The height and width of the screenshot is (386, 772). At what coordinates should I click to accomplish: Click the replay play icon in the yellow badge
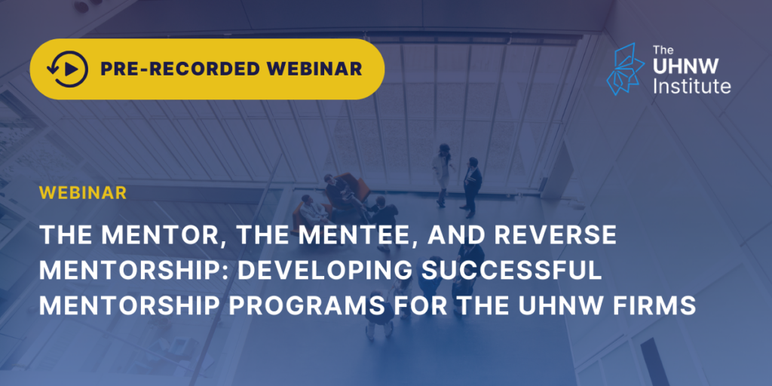(67, 69)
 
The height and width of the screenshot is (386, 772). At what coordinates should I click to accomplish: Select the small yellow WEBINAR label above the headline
(83, 193)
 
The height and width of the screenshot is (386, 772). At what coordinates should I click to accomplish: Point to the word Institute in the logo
(692, 86)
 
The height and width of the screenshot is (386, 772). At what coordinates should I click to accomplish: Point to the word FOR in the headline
(418, 306)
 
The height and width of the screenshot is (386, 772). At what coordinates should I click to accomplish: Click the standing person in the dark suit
(471, 187)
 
